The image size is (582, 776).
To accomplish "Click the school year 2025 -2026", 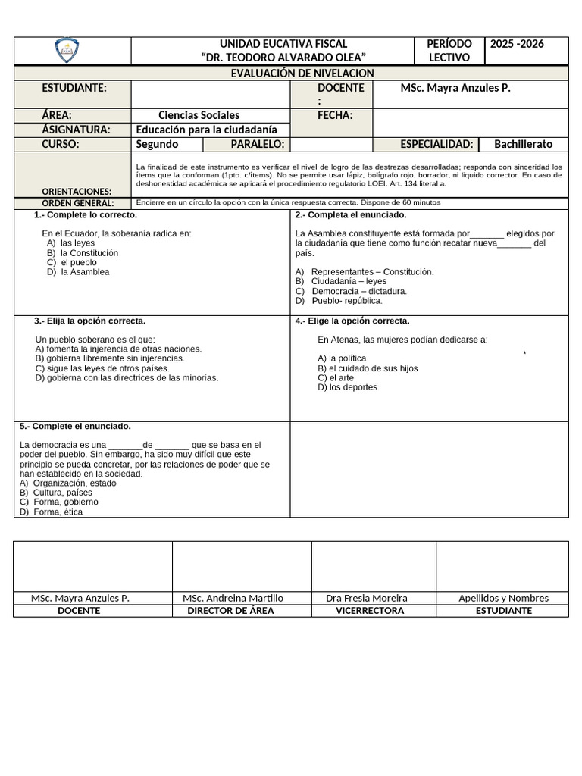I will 517,44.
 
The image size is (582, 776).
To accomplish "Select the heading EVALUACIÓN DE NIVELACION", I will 301,74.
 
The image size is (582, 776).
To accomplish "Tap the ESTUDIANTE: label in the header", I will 74,89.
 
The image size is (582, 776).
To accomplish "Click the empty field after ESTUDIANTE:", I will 211,95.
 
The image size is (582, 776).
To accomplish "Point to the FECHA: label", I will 333,116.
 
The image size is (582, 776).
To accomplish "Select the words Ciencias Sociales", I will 199,116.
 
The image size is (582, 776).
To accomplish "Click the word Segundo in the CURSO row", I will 157,145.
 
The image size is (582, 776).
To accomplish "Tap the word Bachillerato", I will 523,145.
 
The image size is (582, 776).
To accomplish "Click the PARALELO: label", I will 258,145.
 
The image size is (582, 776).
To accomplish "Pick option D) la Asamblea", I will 78,272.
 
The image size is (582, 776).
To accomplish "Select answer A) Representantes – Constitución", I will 365,272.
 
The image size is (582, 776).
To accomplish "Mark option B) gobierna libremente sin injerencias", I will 110,358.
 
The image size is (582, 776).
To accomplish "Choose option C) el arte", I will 336,377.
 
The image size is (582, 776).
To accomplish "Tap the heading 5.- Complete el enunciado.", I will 75,427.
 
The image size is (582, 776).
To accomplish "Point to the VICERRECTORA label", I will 370,611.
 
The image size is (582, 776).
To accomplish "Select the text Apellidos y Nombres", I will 503,598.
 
